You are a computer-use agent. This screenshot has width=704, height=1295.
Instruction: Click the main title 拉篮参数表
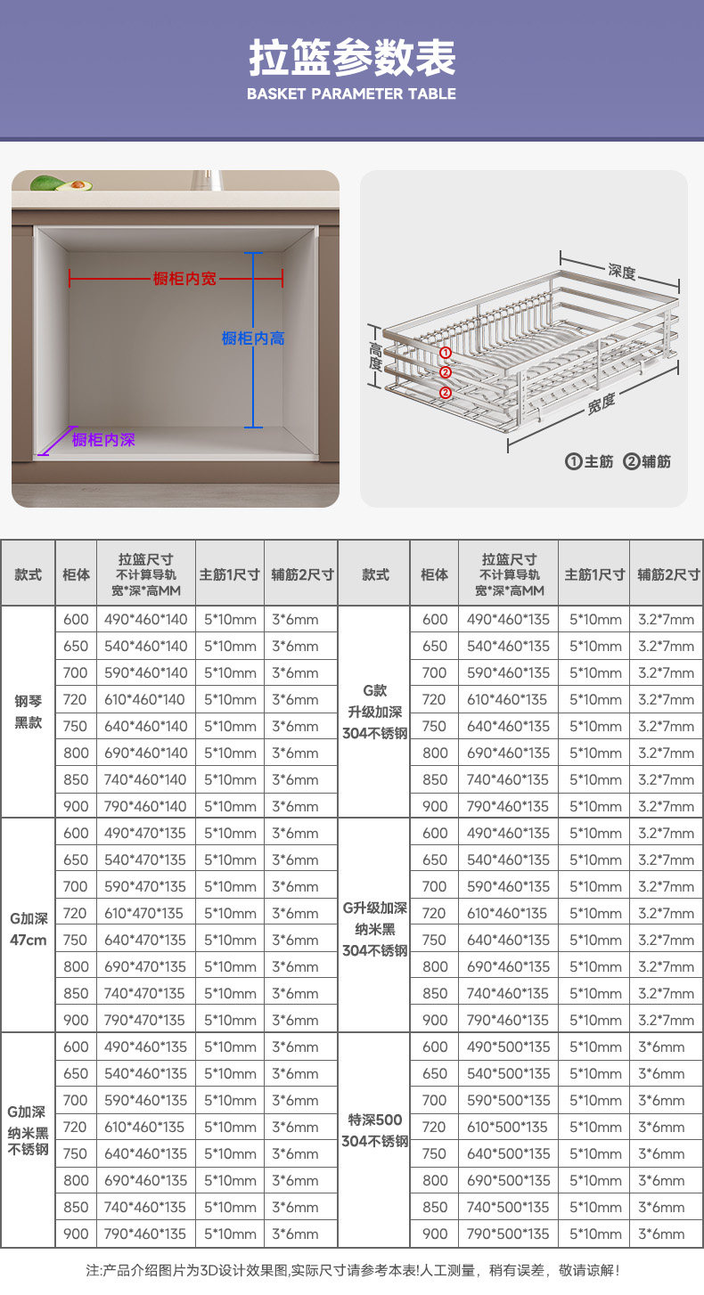click(352, 58)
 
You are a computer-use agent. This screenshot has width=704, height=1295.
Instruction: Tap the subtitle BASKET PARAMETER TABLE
click(352, 94)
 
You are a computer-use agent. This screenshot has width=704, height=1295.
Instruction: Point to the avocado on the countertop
click(61, 183)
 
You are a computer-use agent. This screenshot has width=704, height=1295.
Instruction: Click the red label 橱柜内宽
click(184, 279)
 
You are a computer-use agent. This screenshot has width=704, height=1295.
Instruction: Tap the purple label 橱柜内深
click(103, 440)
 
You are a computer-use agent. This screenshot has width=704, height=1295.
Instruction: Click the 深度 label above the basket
click(621, 271)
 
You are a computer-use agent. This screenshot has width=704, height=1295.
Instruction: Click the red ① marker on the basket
click(446, 353)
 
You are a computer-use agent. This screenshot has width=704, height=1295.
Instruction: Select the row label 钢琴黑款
click(29, 712)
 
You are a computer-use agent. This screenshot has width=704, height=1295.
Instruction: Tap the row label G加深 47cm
click(29, 927)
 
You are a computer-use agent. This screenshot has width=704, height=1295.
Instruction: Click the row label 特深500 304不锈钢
click(375, 1130)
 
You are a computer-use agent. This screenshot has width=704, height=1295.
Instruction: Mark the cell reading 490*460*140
click(147, 619)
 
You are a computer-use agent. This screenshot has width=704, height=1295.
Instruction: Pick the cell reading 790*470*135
click(147, 1020)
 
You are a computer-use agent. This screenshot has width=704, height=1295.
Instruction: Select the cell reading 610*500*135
click(509, 1127)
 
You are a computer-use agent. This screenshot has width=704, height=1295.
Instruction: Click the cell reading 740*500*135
click(509, 1207)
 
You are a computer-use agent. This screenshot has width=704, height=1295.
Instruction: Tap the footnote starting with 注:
click(352, 1270)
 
